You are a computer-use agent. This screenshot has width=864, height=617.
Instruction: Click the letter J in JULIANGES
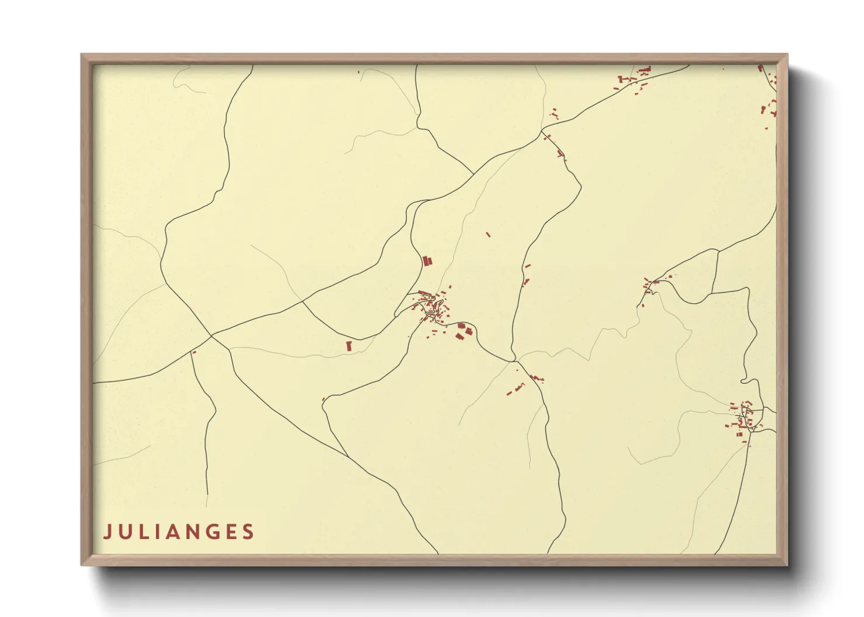coord(107,532)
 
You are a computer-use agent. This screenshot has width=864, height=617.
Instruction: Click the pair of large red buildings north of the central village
coord(427,261)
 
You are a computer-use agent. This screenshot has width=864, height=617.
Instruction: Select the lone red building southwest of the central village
coord(349,346)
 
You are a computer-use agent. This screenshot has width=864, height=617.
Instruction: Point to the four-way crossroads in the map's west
coord(211,336)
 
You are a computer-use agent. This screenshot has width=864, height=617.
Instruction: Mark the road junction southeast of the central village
coord(514,362)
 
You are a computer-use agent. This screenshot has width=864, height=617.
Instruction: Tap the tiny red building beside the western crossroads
coord(194,352)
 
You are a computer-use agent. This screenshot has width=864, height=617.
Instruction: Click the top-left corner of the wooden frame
coord(82,55)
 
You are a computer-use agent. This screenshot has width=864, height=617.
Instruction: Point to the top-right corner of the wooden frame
coord(787,55)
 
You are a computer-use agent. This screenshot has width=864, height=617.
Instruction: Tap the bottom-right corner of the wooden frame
coord(787,565)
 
